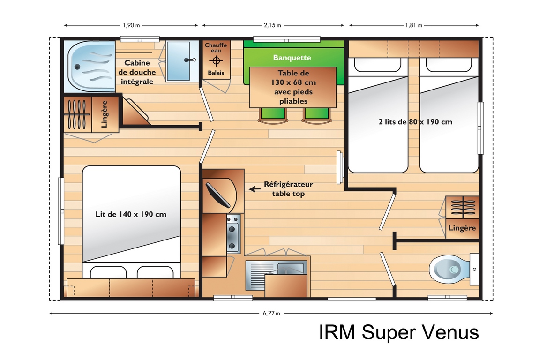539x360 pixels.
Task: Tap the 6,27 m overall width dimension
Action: (x=271, y=313)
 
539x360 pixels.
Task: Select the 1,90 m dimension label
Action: (x=131, y=25)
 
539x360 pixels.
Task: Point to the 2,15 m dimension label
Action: (x=272, y=25)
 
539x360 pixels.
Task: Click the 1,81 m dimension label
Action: (x=413, y=25)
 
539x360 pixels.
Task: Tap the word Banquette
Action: (x=292, y=57)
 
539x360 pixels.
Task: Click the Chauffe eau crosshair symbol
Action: (x=216, y=61)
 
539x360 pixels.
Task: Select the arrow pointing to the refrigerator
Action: (x=255, y=189)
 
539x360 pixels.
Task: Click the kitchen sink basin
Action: (x=291, y=268)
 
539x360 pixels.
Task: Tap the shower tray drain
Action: (x=77, y=67)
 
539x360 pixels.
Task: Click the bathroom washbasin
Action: (x=178, y=61)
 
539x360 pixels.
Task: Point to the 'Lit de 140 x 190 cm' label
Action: (x=131, y=214)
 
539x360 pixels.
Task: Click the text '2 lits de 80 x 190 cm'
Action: (x=415, y=122)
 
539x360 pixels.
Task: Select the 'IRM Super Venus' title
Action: (x=399, y=332)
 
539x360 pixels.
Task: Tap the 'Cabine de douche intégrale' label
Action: (x=137, y=72)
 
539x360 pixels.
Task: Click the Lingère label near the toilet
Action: (x=462, y=228)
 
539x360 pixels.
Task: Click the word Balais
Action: (x=216, y=73)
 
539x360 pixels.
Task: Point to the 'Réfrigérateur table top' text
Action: (x=288, y=189)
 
